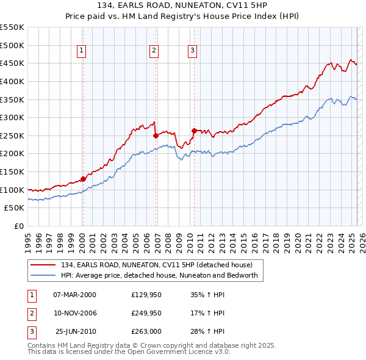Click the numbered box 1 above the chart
tap(82, 51)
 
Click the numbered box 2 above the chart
tap(154, 51)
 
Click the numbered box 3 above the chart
tap(192, 51)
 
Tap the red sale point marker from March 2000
tap(83, 179)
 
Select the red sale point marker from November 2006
tap(156, 135)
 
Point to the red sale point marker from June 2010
tap(194, 131)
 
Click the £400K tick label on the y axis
tap(12, 81)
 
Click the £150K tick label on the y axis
tap(12, 171)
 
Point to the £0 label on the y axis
tap(19, 226)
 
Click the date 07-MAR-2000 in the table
tap(74, 295)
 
